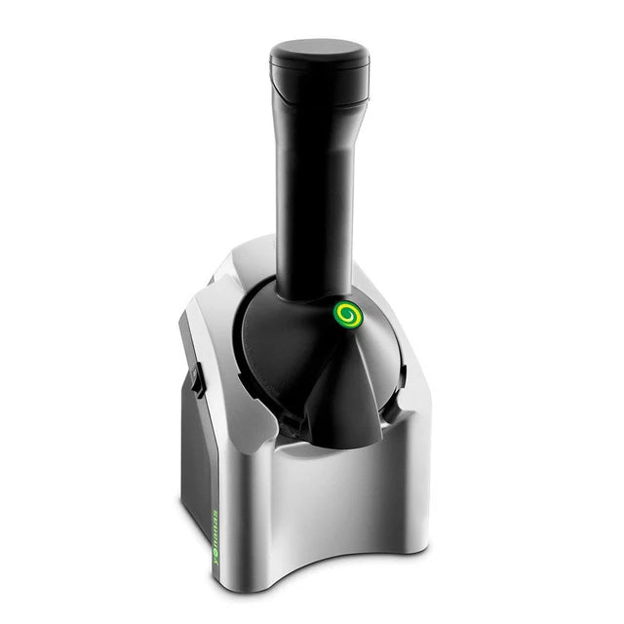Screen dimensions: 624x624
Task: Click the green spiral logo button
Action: (x=345, y=314)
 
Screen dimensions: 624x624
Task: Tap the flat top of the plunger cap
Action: (x=319, y=49)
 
